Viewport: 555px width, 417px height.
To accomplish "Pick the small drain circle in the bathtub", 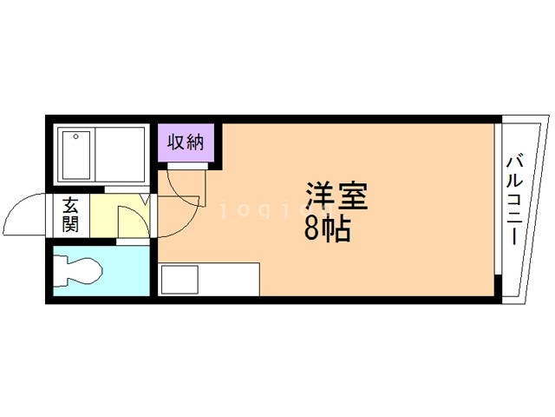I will click(x=76, y=137).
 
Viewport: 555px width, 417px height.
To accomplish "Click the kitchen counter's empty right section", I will click(x=229, y=281).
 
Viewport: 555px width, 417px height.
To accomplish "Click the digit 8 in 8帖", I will click(x=310, y=228).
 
